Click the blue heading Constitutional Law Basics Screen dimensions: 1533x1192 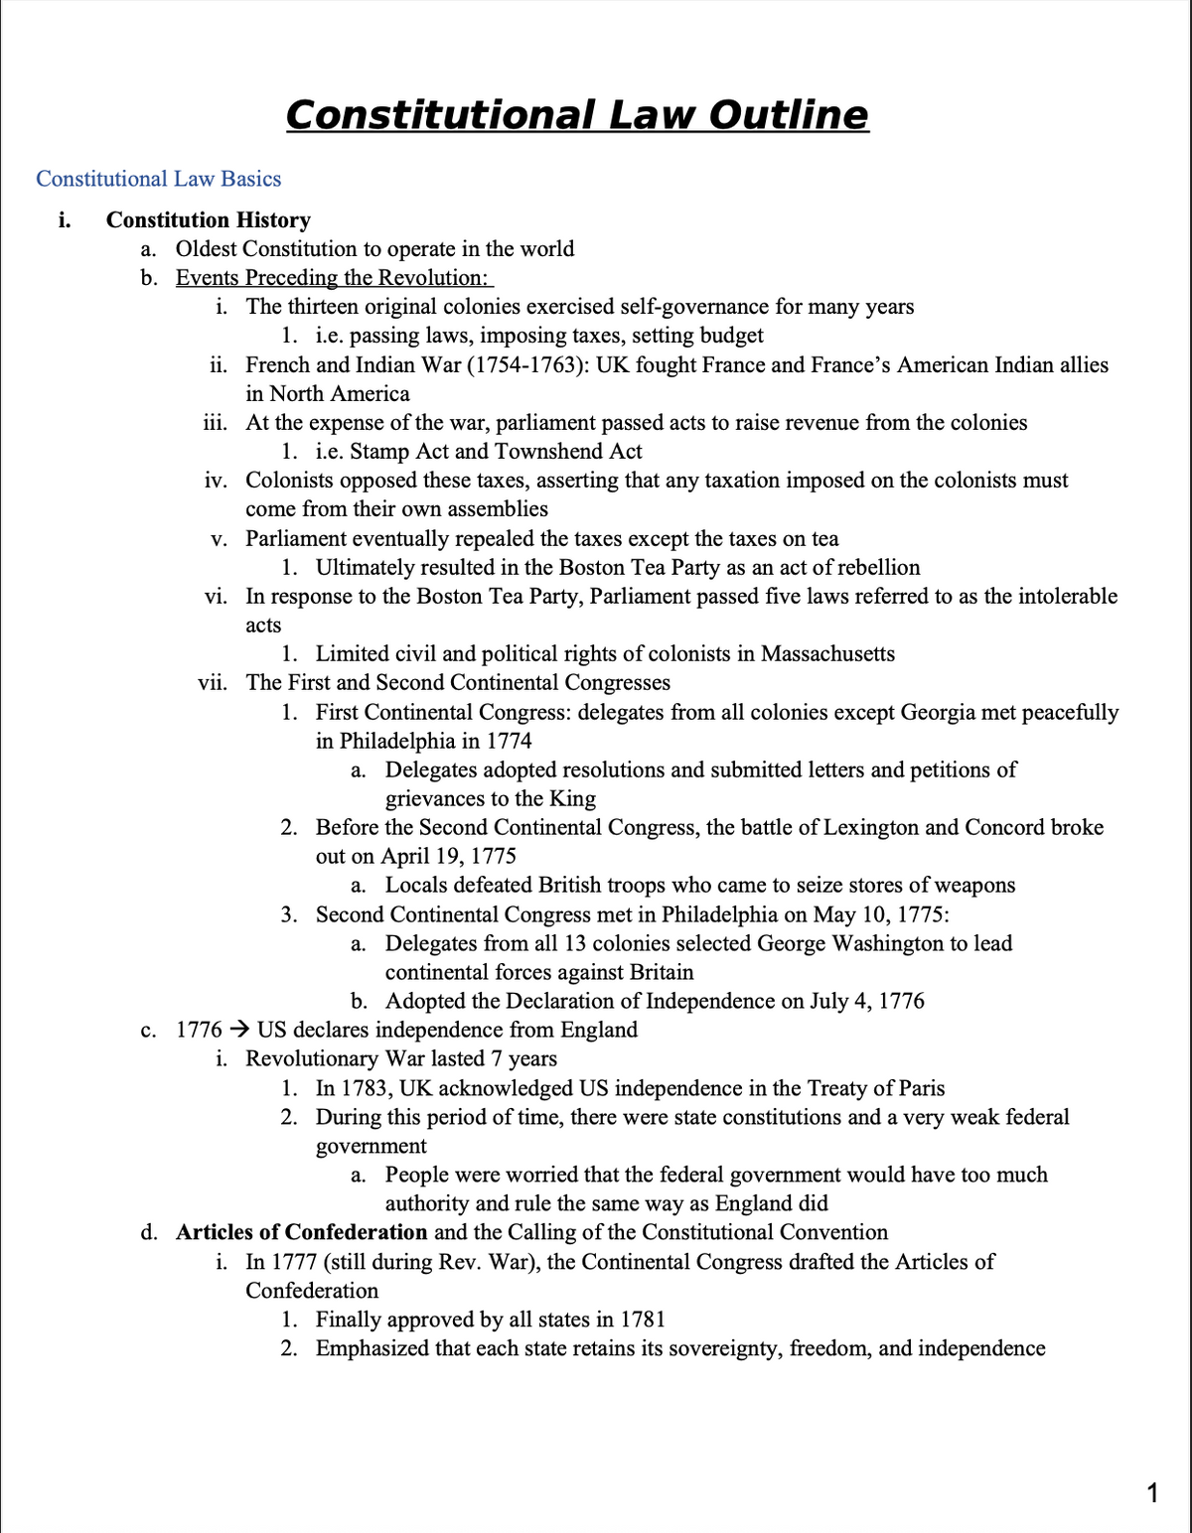(159, 179)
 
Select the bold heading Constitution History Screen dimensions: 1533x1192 (209, 219)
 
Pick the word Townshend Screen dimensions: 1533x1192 (550, 452)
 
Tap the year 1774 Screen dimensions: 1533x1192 (510, 742)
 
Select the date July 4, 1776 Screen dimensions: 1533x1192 (866, 1001)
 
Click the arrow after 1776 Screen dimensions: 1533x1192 (239, 1030)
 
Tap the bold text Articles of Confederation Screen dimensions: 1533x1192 (302, 1232)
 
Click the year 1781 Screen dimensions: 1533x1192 (642, 1320)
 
